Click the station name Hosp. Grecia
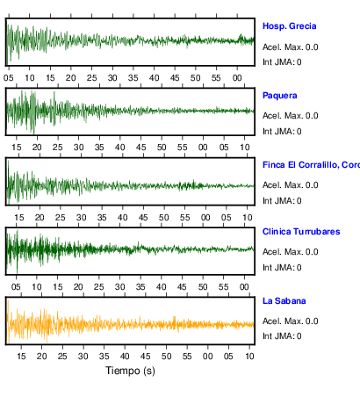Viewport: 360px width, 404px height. (289, 26)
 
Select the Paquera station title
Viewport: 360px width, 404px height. (280, 96)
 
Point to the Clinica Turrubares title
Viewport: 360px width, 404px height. (301, 232)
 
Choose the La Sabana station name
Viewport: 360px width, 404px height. (284, 301)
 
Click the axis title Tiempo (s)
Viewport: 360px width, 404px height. (130, 371)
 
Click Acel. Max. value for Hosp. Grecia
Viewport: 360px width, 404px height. (290, 47)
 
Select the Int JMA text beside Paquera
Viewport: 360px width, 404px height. (282, 132)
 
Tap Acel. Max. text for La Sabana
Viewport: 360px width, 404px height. (290, 321)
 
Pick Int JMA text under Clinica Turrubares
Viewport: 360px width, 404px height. (282, 268)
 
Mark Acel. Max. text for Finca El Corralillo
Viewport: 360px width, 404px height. (290, 185)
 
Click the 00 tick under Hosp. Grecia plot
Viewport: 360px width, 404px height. (237, 78)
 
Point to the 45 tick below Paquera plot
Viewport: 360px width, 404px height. (140, 147)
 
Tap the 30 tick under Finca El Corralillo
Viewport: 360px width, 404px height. (81, 218)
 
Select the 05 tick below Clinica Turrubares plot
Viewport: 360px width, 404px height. (16, 287)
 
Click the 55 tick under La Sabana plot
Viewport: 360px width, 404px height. (187, 357)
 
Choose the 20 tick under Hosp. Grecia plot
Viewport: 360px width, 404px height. (70, 78)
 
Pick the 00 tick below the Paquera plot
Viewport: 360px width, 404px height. (203, 147)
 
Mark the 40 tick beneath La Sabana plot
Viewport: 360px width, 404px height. (125, 357)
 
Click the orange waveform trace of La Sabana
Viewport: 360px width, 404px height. (130, 324)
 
